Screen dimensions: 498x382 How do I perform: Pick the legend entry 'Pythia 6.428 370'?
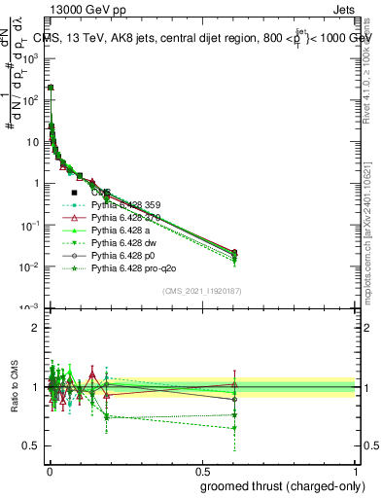[x=125, y=220]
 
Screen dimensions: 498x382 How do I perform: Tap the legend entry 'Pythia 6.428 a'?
[x=120, y=234]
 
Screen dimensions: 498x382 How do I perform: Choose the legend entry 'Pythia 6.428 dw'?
[x=122, y=249]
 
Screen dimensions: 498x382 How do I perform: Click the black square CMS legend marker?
[x=74, y=192]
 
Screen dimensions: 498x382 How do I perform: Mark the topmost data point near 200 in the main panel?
[x=51, y=88]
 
